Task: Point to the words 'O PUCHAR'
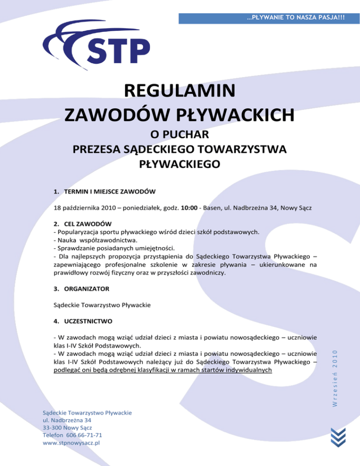coord(180,135)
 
